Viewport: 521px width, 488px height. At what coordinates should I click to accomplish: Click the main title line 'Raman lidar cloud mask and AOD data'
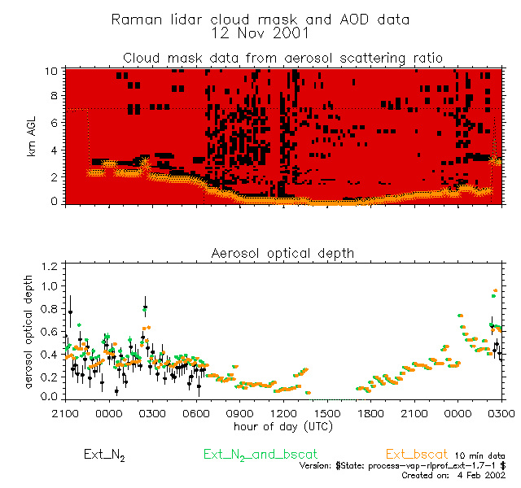[x=260, y=19]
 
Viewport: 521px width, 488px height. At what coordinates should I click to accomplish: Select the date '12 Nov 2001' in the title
[x=260, y=33]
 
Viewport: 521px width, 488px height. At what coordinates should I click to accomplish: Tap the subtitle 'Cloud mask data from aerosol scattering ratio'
[x=282, y=58]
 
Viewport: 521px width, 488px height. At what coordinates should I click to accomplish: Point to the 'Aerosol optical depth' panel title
[x=282, y=253]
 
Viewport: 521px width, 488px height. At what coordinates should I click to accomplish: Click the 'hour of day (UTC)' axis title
[x=282, y=425]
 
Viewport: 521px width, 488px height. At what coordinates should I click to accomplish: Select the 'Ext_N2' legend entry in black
[x=104, y=454]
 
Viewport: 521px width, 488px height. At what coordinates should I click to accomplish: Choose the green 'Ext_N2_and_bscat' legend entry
[x=260, y=453]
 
